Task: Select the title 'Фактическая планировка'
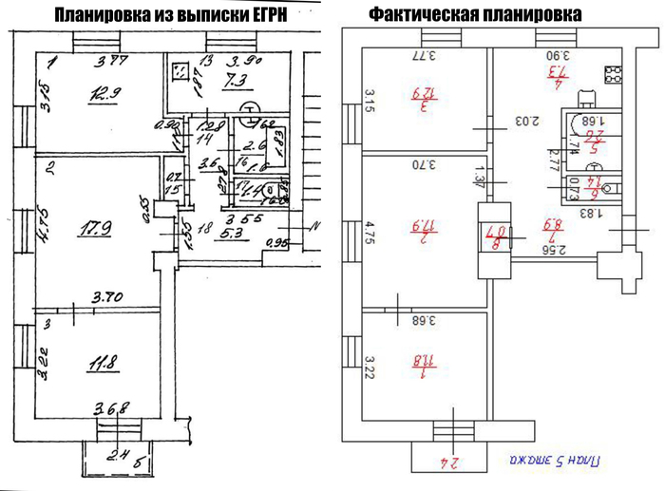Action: click(476, 16)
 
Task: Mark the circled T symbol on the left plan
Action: click(250, 109)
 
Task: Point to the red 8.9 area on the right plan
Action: click(549, 226)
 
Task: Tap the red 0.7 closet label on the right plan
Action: click(501, 229)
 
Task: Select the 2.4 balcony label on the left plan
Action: click(119, 453)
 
